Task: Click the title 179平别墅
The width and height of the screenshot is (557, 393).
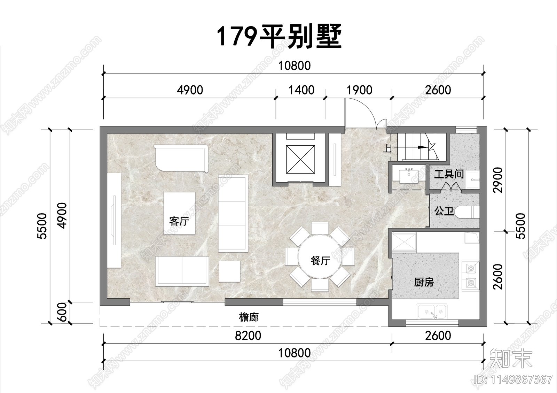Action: [x=279, y=36]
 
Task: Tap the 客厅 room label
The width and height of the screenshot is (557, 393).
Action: [x=179, y=221]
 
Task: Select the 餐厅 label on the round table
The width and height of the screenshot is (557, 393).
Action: [x=320, y=260]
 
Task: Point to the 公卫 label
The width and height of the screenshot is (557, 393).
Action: [x=444, y=211]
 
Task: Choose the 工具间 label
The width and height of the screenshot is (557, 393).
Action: [x=449, y=174]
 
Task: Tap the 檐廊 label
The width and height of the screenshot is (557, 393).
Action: [x=249, y=317]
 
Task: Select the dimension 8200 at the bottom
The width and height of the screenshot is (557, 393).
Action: [x=248, y=336]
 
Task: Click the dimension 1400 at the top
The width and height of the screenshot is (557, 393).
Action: [x=301, y=90]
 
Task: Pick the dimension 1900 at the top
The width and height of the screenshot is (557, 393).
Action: [x=359, y=90]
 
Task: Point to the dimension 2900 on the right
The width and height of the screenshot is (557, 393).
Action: [x=499, y=180]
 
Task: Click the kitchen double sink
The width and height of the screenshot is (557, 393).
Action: [x=432, y=311]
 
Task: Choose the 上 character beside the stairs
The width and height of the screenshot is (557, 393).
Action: [x=387, y=148]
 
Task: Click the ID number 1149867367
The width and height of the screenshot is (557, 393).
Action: [x=513, y=379]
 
